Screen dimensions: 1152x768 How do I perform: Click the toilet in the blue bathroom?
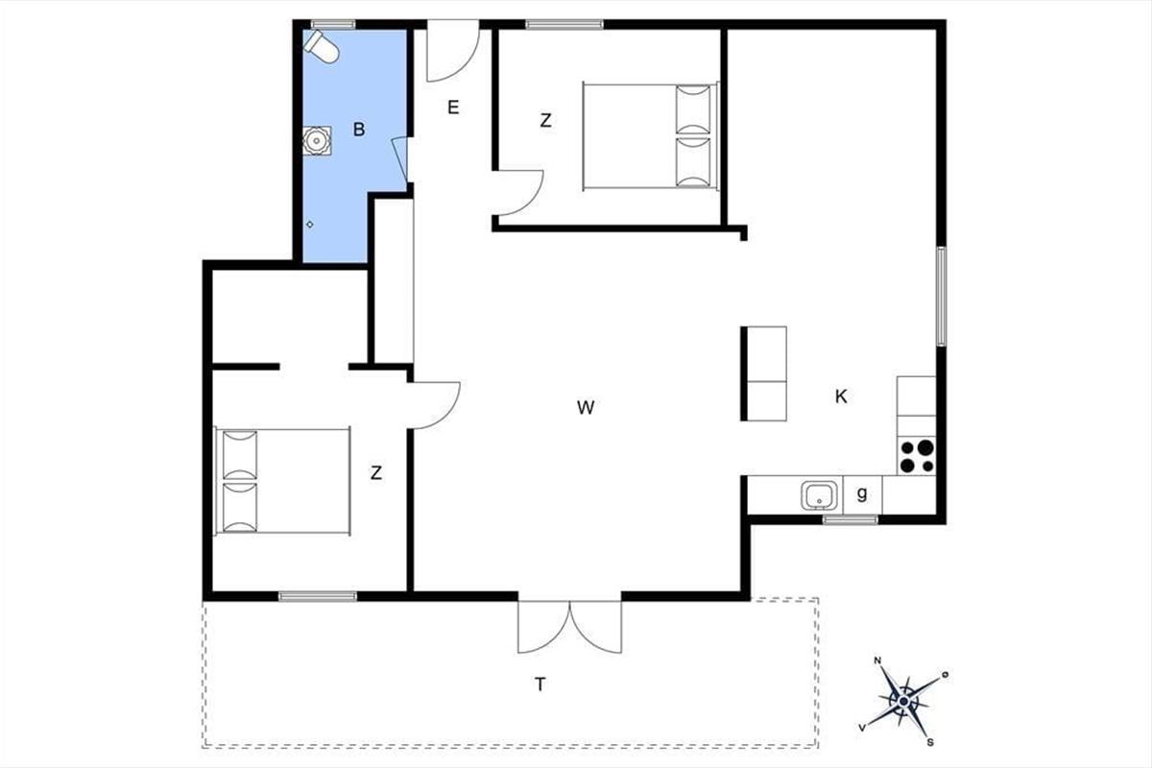321,47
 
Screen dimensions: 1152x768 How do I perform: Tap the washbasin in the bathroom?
316,140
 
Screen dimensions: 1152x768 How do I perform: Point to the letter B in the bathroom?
359,129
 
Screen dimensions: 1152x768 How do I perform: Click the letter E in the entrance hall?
453,108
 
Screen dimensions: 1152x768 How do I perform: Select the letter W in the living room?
586,407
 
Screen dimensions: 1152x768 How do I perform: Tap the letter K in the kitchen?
841,396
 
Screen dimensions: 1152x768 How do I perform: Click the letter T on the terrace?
540,684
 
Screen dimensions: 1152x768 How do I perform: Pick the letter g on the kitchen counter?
862,493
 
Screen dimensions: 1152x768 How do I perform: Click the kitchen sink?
819,495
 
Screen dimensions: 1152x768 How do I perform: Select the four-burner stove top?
917,456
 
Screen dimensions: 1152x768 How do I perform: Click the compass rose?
904,702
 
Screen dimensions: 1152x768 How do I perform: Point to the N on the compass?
877,661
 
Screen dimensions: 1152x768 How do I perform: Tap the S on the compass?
931,742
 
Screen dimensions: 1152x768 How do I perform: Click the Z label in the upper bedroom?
545,120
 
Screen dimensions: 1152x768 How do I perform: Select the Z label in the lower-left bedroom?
376,472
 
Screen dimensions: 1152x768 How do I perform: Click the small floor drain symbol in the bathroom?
309,225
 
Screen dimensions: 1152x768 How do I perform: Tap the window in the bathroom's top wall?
333,24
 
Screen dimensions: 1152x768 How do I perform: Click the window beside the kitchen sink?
851,519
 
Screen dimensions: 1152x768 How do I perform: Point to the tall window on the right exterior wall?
941,297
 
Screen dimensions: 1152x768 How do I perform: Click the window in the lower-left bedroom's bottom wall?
318,596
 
